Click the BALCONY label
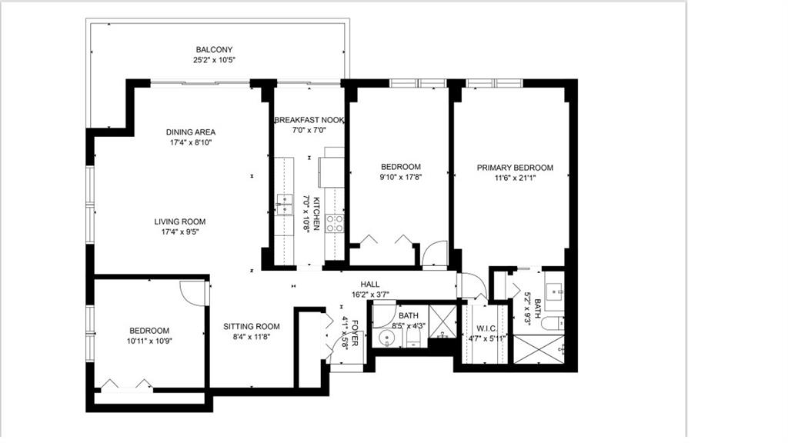coord(214,50)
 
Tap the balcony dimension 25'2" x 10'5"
coord(214,60)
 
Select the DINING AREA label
coord(191,132)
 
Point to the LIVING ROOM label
coord(180,221)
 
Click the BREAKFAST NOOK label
coord(309,120)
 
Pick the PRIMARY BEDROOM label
coord(515,168)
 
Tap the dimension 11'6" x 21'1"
coord(515,178)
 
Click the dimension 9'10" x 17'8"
coord(400,177)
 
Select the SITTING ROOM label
coord(252,326)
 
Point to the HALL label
coord(370,285)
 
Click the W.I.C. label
coord(486,328)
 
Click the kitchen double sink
coord(285,205)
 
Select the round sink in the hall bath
coord(386,338)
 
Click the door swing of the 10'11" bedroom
coord(193,293)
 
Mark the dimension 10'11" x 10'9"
coord(149,341)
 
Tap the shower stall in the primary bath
coord(539,349)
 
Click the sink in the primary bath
coord(555,291)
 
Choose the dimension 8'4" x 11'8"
coord(252,337)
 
